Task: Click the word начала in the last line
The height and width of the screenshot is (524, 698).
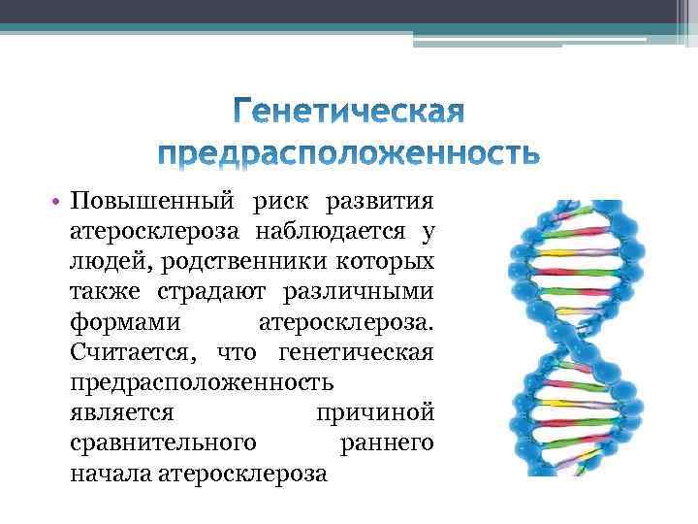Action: [x=110, y=474]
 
